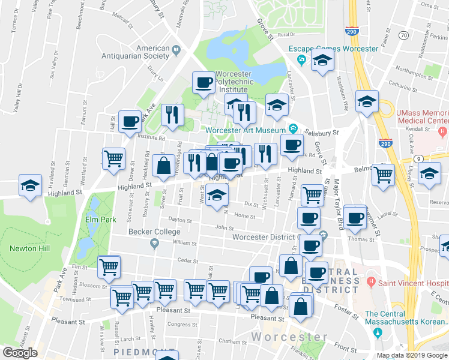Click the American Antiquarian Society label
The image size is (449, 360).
[x=153, y=52]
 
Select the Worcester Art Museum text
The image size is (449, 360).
[x=245, y=131]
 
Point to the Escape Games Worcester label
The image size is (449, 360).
[x=333, y=49]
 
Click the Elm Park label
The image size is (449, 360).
[x=100, y=220]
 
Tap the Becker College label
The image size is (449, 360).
[x=155, y=232]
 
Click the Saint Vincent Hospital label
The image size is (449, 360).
[x=410, y=281]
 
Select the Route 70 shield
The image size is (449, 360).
[x=403, y=36]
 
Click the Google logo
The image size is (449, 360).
[x=20, y=353]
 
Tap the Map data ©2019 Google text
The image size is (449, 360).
[x=411, y=355]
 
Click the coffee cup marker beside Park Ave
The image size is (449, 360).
[x=130, y=121]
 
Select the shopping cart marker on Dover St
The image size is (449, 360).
[x=113, y=158]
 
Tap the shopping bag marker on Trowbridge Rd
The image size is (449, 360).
[x=163, y=166]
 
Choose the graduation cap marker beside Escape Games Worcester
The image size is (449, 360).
[x=323, y=61]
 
